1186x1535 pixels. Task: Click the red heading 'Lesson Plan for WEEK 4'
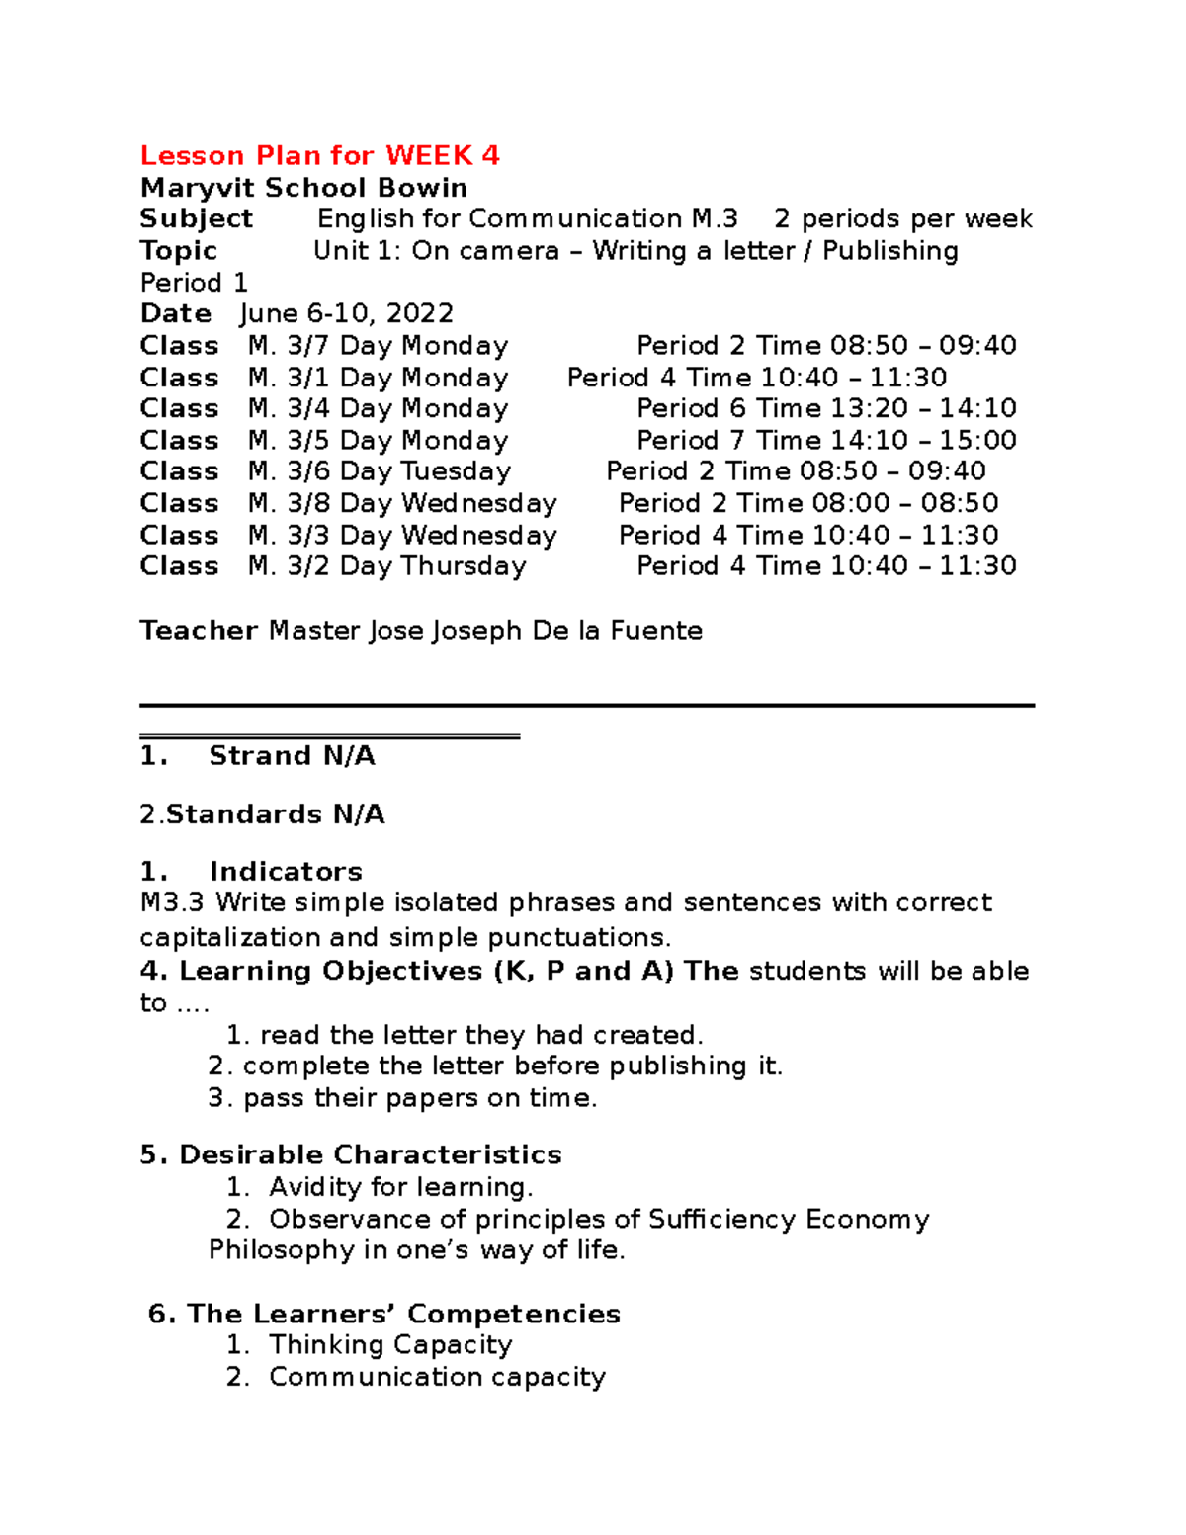319,155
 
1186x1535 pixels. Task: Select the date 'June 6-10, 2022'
347,313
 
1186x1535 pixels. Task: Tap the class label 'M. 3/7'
289,345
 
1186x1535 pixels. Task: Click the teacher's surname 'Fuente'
656,631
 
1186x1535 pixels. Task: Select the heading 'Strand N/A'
292,756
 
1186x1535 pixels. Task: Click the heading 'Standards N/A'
275,814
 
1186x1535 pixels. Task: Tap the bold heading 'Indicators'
286,872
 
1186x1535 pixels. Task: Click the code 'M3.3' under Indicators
172,902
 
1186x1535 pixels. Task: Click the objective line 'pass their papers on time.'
420,1098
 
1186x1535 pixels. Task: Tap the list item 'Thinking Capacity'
390,1345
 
